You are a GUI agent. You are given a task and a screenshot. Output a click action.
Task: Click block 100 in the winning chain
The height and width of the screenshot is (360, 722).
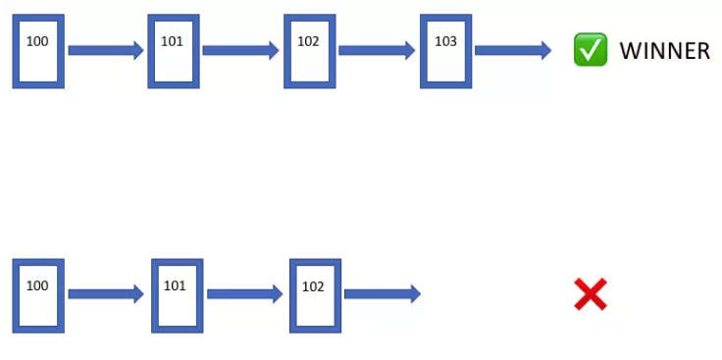[38, 51]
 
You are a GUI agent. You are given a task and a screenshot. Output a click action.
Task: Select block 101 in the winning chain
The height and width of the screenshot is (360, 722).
[173, 51]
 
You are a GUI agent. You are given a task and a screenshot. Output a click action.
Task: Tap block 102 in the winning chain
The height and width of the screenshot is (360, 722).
[309, 51]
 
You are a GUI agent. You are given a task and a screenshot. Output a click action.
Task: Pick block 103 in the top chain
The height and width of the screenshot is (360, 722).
[445, 51]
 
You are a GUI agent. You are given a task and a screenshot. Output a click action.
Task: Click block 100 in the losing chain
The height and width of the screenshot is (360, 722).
[38, 294]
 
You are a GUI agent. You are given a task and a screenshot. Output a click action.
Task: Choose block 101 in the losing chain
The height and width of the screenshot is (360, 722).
[177, 294]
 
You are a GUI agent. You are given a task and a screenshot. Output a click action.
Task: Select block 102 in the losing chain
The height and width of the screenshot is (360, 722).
[315, 294]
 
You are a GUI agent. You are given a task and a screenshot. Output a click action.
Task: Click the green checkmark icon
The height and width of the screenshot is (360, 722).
[591, 50]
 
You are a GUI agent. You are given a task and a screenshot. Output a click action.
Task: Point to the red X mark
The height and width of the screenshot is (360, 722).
[591, 294]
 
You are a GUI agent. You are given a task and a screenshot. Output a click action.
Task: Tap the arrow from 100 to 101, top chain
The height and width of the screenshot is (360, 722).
[106, 50]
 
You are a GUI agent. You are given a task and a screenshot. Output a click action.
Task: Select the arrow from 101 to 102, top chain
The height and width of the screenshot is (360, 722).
[241, 50]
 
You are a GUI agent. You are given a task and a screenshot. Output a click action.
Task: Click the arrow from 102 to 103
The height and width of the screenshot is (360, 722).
[378, 50]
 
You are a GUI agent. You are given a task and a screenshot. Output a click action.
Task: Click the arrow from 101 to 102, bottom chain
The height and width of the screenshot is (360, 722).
[245, 293]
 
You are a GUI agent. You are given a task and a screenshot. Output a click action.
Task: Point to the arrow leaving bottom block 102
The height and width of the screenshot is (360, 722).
[383, 293]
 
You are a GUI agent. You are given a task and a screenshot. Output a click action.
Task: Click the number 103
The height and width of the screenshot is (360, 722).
[445, 41]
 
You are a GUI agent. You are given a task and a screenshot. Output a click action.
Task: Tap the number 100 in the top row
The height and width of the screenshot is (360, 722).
[37, 41]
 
